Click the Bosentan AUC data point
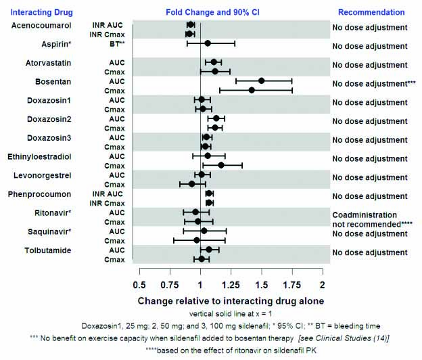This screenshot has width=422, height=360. pos(261,81)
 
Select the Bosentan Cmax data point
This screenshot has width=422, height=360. pos(252,90)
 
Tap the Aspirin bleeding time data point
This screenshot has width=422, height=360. pos(208,43)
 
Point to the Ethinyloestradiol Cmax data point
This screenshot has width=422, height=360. pos(221,165)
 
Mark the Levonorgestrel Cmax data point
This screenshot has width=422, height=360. pos(191,184)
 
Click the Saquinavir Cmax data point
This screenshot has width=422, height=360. pos(197,240)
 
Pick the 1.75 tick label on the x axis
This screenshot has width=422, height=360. pos(292,283)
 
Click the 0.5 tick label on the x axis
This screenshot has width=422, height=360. pos(140,283)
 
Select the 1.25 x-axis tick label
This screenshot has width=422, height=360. pos(231,283)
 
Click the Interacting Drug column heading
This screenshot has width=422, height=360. pos(39,12)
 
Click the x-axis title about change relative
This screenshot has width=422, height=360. pos(231,300)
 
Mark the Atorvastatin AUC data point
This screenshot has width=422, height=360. pos(214,62)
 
